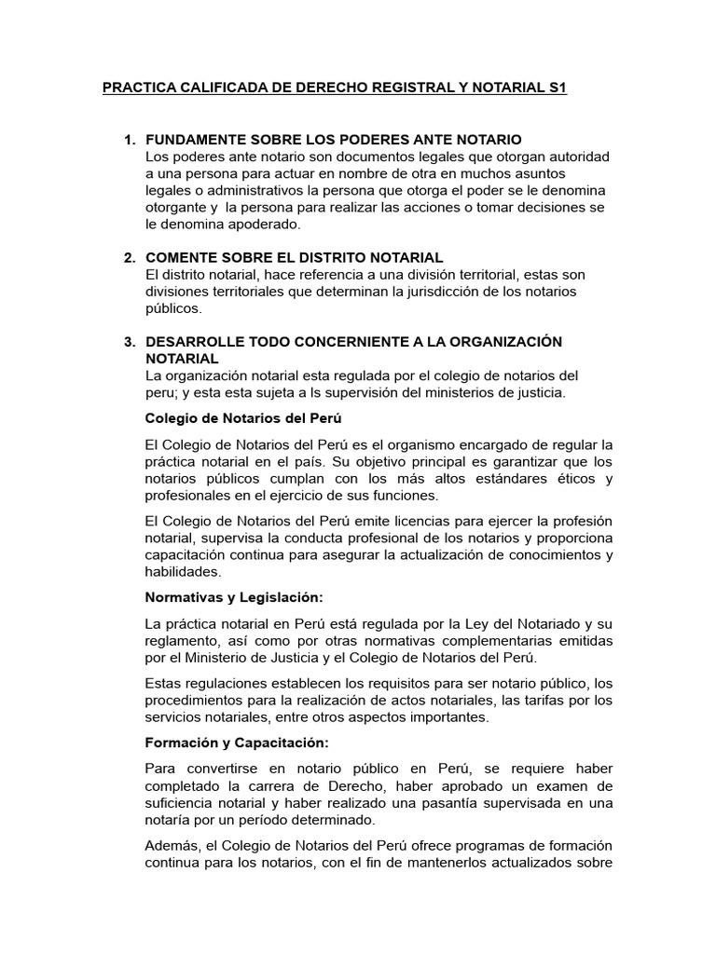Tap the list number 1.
pos(129,139)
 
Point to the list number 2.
pos(129,257)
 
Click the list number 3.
pos(129,342)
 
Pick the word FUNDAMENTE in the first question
pos(193,139)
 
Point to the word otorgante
pos(181,208)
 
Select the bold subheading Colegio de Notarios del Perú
pos(238,417)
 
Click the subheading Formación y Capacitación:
pos(238,743)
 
